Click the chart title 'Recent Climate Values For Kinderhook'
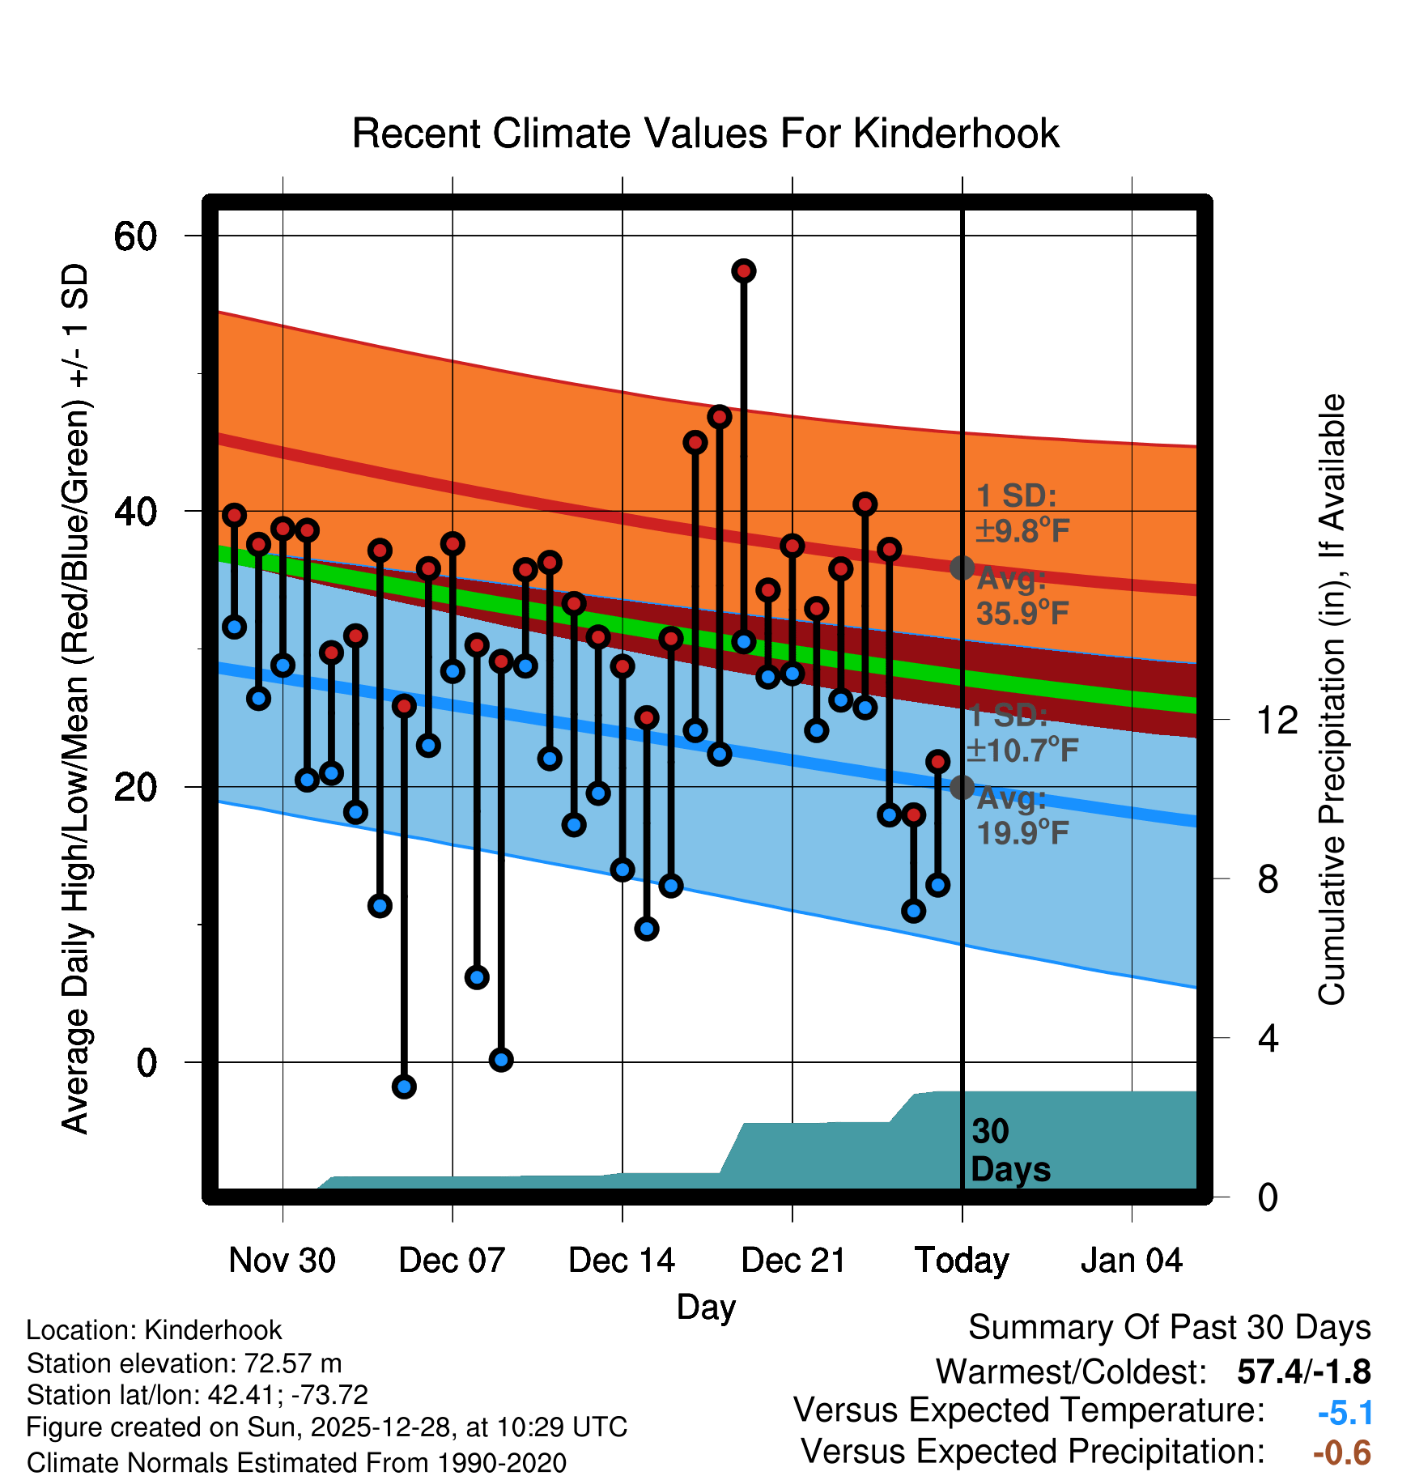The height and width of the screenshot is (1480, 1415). coord(705,134)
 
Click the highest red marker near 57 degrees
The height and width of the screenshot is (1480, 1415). coord(744,270)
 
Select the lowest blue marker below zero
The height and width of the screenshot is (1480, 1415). coord(404,1087)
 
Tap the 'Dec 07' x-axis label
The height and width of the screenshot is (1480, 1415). coord(452,1261)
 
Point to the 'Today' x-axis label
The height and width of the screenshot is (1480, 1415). coord(962,1261)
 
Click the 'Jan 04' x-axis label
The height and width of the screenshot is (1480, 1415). coord(1132,1261)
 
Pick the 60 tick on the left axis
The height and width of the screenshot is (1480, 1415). coord(135,236)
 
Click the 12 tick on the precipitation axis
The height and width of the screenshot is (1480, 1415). coord(1277,720)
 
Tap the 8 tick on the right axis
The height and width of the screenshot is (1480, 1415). coord(1268,879)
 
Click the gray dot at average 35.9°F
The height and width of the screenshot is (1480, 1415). coord(962,568)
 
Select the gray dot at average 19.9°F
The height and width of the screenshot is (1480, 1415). coord(962,786)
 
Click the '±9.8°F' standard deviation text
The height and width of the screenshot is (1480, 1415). coord(1022,531)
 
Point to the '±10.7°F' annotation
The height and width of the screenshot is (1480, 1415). coord(1022,751)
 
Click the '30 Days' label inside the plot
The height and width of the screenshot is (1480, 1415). coord(1009,1150)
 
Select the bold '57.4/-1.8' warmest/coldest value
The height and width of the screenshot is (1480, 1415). coord(1303,1372)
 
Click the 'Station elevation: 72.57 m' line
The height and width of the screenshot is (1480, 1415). coord(185,1363)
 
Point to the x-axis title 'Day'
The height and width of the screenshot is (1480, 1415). coord(706,1307)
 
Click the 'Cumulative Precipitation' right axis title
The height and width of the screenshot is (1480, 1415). coord(1332,700)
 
